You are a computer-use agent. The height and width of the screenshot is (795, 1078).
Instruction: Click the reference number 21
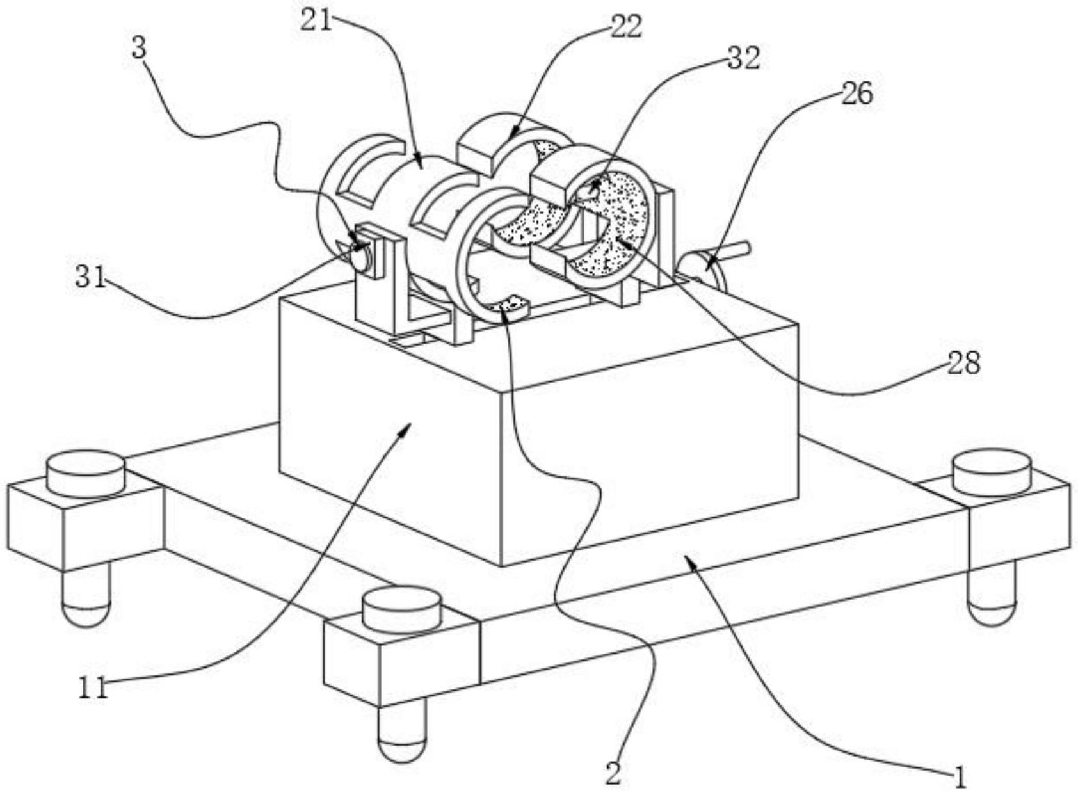pos(316,20)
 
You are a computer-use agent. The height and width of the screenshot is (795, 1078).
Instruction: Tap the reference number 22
pos(625,28)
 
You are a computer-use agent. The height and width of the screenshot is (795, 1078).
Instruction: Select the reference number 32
pos(743,59)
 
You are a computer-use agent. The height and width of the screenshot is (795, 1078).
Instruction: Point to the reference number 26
pos(857,93)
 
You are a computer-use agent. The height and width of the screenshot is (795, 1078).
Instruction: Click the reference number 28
pos(963,363)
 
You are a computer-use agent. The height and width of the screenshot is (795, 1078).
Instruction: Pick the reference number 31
pos(90,278)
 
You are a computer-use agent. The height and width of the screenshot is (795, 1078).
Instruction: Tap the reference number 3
pos(139,49)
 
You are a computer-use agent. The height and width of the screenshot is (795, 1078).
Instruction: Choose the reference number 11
pos(93,687)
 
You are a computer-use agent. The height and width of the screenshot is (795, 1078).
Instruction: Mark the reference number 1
pos(959,778)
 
